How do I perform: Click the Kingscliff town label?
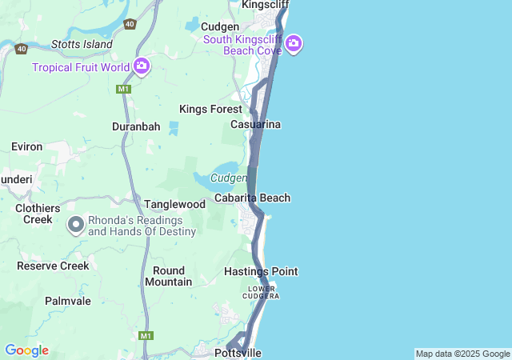coord(265,5)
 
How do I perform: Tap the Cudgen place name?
coord(220,26)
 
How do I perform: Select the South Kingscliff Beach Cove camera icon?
coord(294,43)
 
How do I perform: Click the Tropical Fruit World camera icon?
coord(142,66)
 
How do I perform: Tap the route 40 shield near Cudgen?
coord(130,25)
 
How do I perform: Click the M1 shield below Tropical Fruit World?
coord(123,89)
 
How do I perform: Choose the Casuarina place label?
coord(255,125)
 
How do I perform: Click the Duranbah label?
coord(136,126)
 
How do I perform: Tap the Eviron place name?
coord(26,146)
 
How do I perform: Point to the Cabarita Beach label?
coord(252,198)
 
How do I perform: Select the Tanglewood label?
coord(174,205)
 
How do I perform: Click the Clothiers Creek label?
coord(38,214)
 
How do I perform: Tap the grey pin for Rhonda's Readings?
coord(76,225)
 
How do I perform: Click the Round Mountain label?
coord(168,276)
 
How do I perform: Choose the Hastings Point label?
coord(261,272)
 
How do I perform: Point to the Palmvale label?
coord(68,301)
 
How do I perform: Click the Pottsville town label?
coord(238,353)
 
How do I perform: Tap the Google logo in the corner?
coord(26,350)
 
